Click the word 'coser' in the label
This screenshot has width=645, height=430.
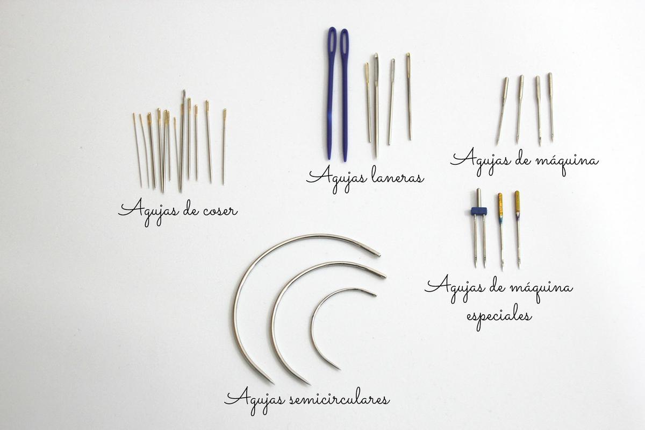pos(220,212)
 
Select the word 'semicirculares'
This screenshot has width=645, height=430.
pos(340,400)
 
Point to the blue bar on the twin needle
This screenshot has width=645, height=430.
pos(479,212)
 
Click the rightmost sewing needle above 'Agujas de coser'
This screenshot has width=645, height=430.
pos(224,146)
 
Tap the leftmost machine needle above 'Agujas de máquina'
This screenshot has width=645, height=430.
pos(502,111)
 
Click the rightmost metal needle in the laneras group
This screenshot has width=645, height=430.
pos(409,96)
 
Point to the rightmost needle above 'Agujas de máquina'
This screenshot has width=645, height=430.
pos(551,107)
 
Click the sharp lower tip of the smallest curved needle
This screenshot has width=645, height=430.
pos(340,369)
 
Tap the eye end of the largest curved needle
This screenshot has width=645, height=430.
pos(378,254)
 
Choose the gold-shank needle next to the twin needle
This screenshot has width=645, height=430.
pos(501,231)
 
